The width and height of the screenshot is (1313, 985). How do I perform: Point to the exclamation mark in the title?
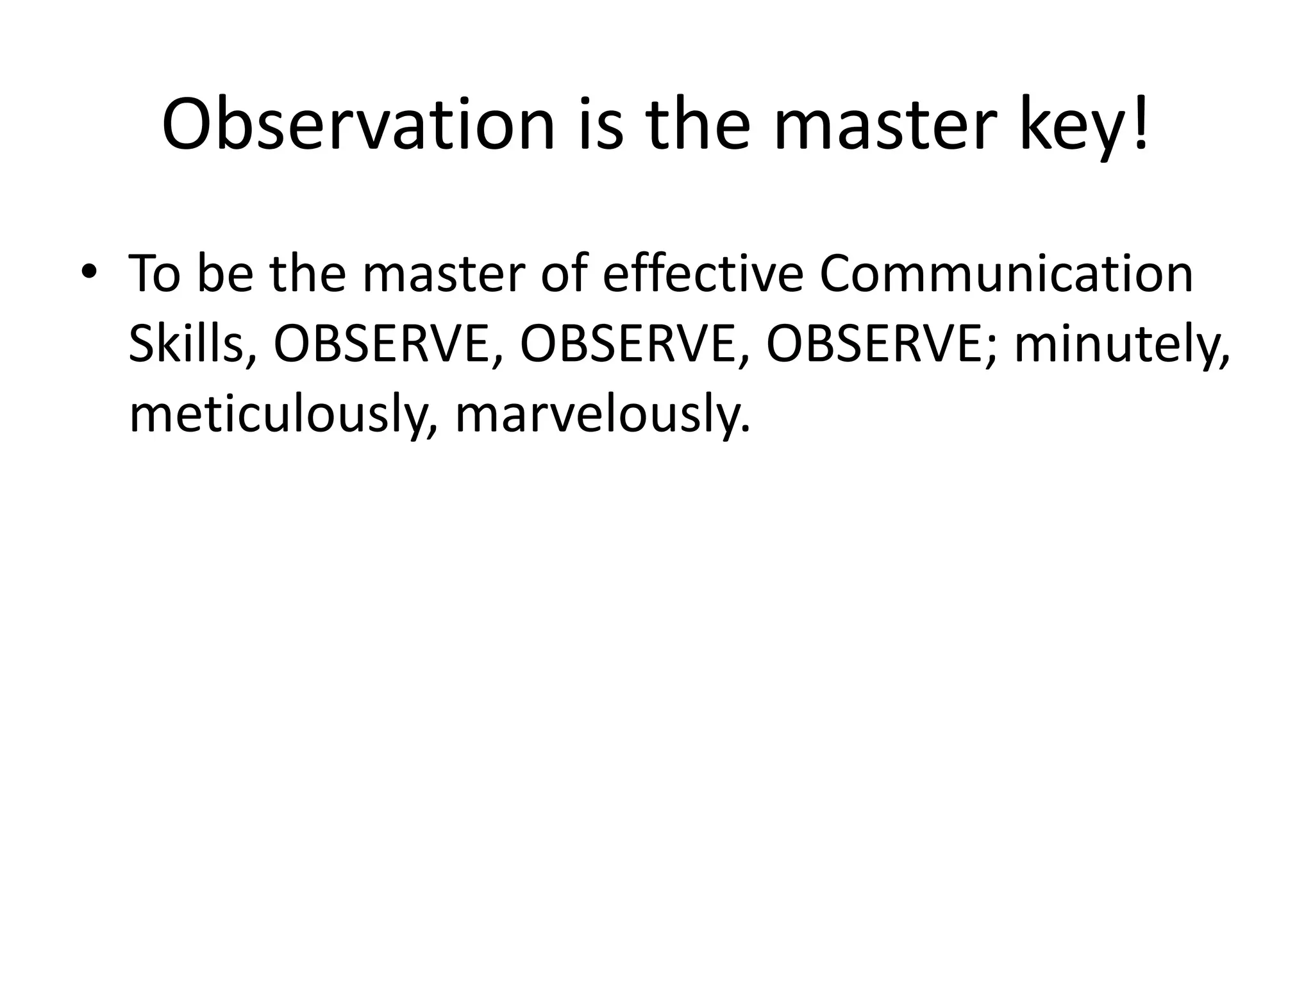pyautogui.click(x=1141, y=122)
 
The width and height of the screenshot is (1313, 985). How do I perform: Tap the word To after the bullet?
pyautogui.click(x=155, y=274)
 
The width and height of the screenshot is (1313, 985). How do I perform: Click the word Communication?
pyautogui.click(x=1006, y=274)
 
